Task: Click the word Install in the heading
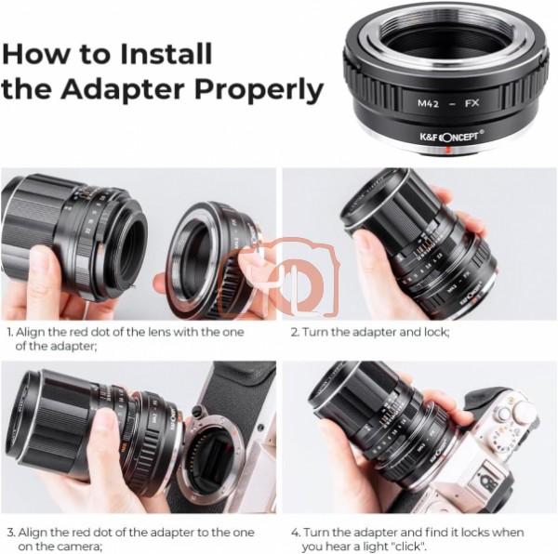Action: tap(166, 54)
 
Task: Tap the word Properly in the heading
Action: tap(259, 91)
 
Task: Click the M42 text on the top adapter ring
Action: tap(428, 103)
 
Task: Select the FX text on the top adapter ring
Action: tap(472, 103)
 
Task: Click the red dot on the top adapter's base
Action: tap(448, 150)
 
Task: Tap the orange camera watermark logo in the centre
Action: tap(279, 277)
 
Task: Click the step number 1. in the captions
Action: tap(10, 333)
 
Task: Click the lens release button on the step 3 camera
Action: tap(195, 411)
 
